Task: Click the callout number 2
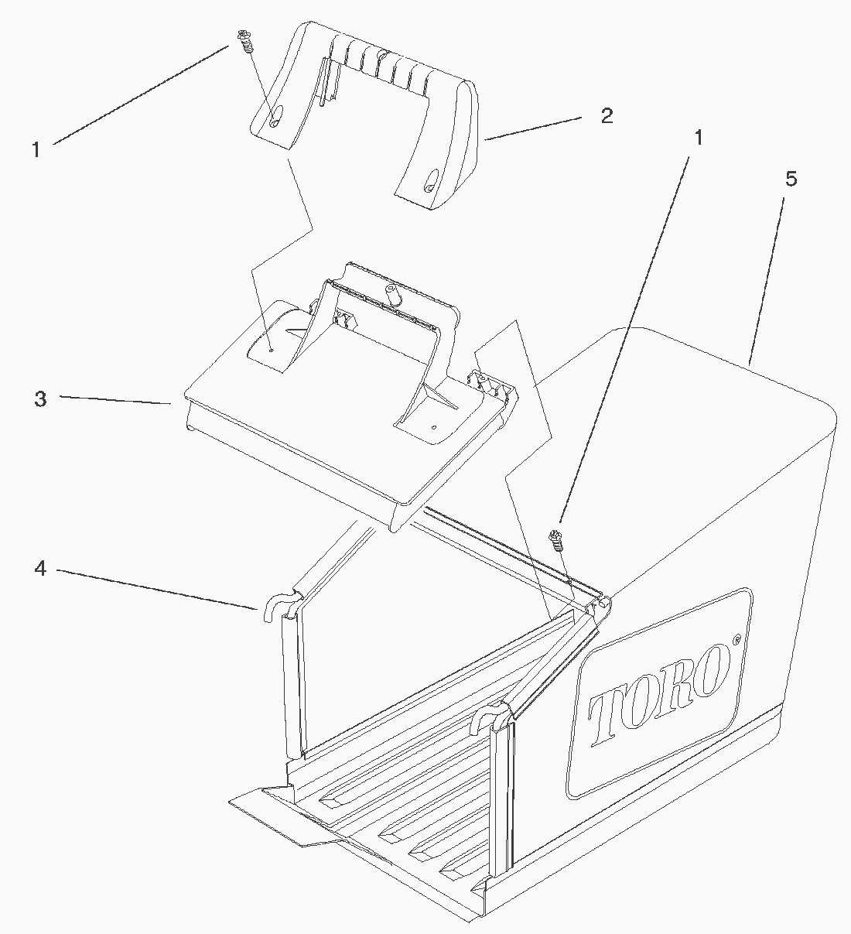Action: (607, 116)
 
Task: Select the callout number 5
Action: (791, 179)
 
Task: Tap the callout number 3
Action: (40, 399)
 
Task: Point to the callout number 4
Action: (40, 569)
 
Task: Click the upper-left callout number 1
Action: (36, 149)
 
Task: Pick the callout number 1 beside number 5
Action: (698, 138)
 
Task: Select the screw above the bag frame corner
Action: (555, 539)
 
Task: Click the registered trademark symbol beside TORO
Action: (737, 641)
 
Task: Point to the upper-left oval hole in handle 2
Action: (276, 115)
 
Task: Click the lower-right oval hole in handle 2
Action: (431, 180)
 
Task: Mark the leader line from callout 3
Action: (114, 400)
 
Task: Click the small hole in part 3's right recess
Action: (434, 427)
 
